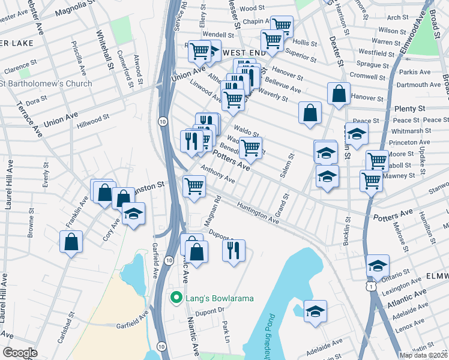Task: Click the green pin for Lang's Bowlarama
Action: [176, 298]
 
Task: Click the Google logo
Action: [20, 353]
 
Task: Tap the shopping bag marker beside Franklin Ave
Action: [71, 242]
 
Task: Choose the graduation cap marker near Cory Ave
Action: [133, 214]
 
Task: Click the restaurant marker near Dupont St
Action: [234, 249]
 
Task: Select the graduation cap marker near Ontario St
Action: [378, 265]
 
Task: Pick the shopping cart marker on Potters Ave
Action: [250, 147]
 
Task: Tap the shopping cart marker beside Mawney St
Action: [371, 181]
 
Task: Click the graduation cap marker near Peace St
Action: [357, 134]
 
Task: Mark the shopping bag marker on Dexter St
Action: [339, 94]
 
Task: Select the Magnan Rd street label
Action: [213, 211]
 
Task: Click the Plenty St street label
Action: [410, 109]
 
